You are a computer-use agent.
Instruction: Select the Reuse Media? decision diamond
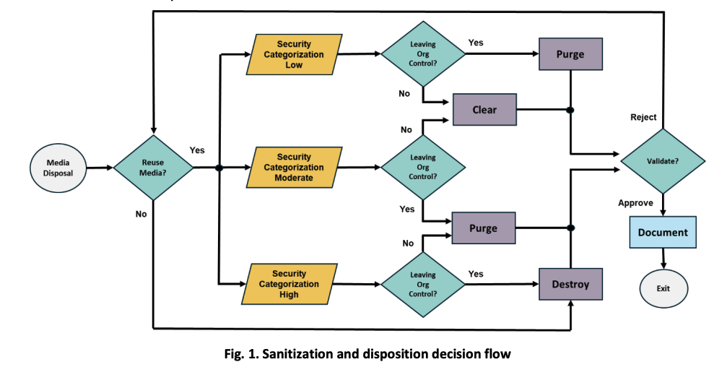pos(153,168)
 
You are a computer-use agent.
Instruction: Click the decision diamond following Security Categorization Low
pos(423,54)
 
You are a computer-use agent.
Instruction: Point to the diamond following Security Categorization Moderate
pos(423,167)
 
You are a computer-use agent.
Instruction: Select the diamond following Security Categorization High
pos(423,284)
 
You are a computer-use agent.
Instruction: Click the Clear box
pos(484,110)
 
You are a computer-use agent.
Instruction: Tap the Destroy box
pos(570,284)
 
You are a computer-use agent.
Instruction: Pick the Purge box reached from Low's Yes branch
pos(570,54)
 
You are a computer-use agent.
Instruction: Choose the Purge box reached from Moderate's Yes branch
pos(483,228)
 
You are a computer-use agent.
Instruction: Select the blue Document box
pos(663,233)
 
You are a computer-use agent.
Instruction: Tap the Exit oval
pos(663,288)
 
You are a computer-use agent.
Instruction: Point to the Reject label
pos(643,117)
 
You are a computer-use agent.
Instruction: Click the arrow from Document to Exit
pos(663,259)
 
